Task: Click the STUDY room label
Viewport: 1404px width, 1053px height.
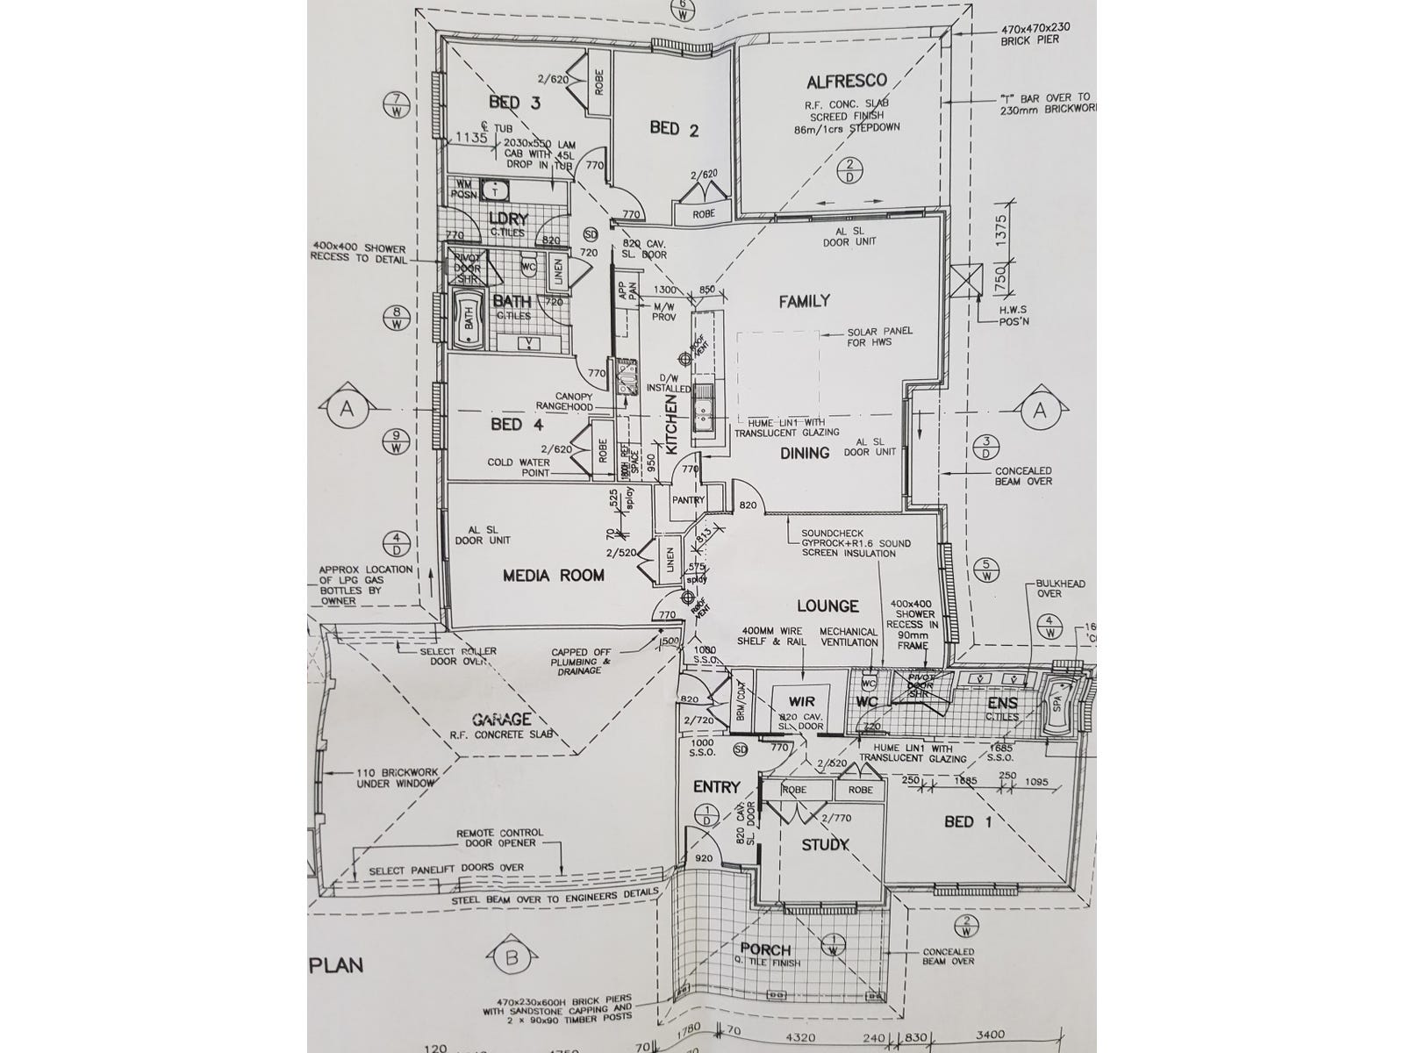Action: (x=826, y=845)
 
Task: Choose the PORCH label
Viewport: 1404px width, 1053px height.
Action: (x=765, y=949)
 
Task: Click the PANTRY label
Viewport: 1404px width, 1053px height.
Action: (x=689, y=500)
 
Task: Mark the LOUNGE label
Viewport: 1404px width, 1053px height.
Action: (x=827, y=606)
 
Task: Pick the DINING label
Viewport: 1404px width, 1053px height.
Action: (x=805, y=454)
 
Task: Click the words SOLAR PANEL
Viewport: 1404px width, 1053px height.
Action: (x=880, y=332)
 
